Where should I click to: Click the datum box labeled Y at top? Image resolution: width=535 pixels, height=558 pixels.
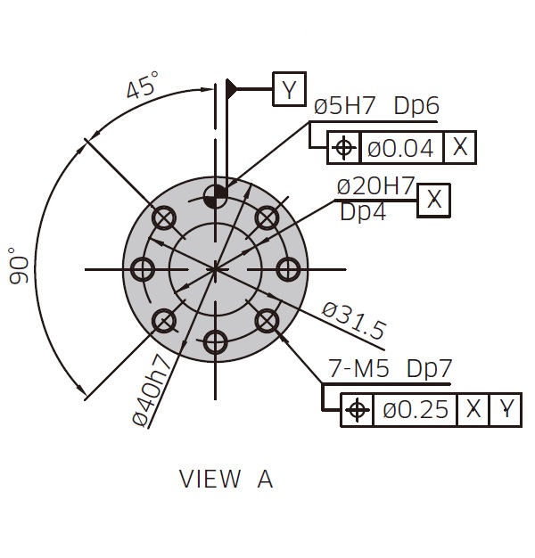(289, 89)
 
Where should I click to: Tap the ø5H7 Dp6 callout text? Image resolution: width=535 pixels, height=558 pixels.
(376, 106)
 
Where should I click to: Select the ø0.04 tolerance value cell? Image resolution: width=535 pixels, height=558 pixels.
(401, 147)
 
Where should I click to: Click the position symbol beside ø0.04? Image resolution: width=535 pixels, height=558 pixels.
(343, 147)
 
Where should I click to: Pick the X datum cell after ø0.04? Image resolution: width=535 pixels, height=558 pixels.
(460, 147)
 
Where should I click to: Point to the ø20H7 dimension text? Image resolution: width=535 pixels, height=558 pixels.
(375, 186)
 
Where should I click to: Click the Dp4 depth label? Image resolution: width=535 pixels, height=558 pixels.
(363, 212)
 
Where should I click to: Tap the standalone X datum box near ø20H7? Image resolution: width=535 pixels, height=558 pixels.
(434, 200)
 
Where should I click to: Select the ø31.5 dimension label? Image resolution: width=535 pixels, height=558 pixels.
(353, 320)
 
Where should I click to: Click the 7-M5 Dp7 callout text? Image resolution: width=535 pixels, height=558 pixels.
(390, 368)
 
